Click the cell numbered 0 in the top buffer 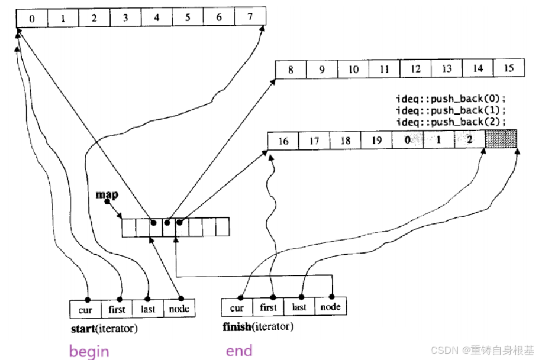(x=32, y=18)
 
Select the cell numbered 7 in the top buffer (x=250, y=17)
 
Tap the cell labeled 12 (x=415, y=69)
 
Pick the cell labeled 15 (x=509, y=68)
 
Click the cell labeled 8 (x=290, y=71)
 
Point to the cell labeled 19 (x=377, y=140)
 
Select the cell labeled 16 (x=283, y=141)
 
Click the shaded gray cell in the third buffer (x=501, y=139)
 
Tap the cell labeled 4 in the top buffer (x=156, y=18)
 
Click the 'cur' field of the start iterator (x=86, y=308)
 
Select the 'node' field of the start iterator (x=179, y=308)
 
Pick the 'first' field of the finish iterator (x=268, y=307)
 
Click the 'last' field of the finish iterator (x=299, y=307)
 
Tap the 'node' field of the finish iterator (x=330, y=306)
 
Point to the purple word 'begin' (x=89, y=351)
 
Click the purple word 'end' (x=239, y=350)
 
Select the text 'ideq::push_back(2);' (x=450, y=122)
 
